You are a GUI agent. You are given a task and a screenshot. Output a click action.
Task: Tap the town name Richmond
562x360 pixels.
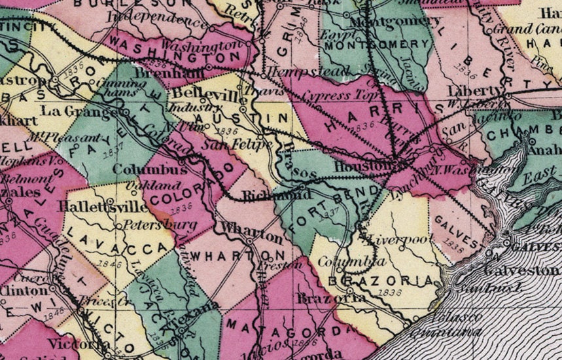point(267,195)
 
